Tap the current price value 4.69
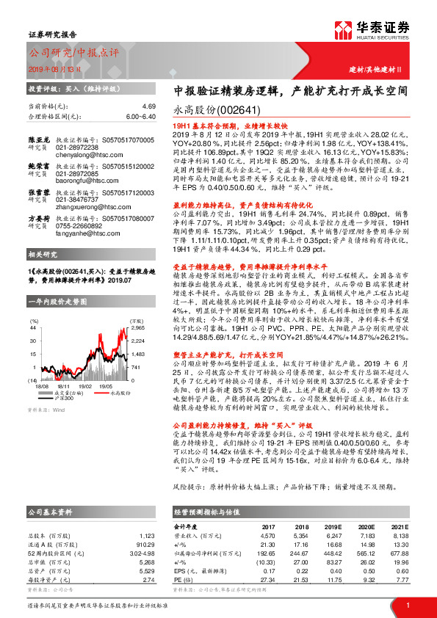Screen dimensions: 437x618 (x=149, y=107)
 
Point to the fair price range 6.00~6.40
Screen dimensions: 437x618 (x=140, y=116)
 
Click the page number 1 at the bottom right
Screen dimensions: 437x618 (x=407, y=604)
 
